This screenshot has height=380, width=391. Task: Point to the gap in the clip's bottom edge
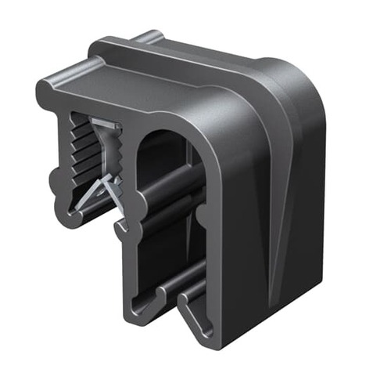pyautogui.click(x=174, y=302)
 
